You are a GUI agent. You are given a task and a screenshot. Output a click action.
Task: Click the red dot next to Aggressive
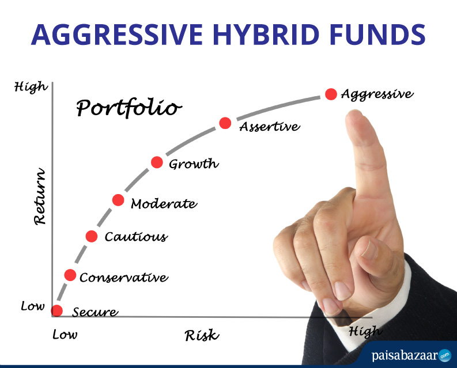pyautogui.click(x=331, y=94)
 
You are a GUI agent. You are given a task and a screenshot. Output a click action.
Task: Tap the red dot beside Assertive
pyautogui.click(x=225, y=123)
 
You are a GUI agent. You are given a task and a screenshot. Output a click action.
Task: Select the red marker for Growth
pyautogui.click(x=157, y=162)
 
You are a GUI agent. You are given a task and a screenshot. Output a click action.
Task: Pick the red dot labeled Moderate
pyautogui.click(x=118, y=200)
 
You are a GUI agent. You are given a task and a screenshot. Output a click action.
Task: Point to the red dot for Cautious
pyautogui.click(x=92, y=236)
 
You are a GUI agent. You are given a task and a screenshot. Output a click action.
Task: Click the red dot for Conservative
pyautogui.click(x=70, y=275)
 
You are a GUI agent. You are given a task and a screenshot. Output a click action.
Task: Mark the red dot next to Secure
pyautogui.click(x=57, y=311)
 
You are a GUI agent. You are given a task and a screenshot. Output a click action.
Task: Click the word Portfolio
pyautogui.click(x=129, y=108)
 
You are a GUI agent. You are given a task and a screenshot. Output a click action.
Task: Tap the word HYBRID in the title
pyautogui.click(x=266, y=35)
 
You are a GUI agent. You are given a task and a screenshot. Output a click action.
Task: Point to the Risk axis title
pyautogui.click(x=202, y=335)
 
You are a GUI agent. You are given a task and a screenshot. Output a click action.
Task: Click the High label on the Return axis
pyautogui.click(x=31, y=87)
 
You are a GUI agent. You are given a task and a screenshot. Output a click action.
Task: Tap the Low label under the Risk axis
pyautogui.click(x=65, y=335)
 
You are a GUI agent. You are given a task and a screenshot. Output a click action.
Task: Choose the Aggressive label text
pyautogui.click(x=377, y=94)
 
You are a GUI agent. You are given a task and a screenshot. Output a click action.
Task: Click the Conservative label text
pyautogui.click(x=124, y=278)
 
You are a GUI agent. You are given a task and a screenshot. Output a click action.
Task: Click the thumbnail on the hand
pyautogui.click(x=369, y=250)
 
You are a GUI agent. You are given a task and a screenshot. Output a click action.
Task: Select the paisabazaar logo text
pyautogui.click(x=405, y=356)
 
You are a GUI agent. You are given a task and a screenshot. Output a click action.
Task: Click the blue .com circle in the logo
pyautogui.click(x=445, y=355)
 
